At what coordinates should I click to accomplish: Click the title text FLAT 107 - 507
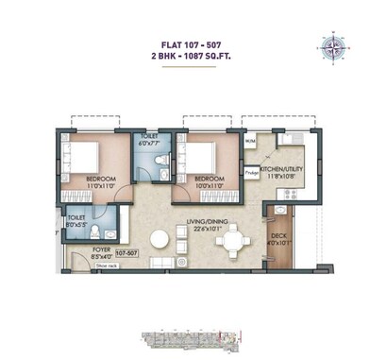(x=184, y=42)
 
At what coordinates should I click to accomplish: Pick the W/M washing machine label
(x=249, y=142)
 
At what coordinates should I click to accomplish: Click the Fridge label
(x=252, y=172)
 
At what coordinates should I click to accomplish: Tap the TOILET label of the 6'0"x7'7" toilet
(x=148, y=136)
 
